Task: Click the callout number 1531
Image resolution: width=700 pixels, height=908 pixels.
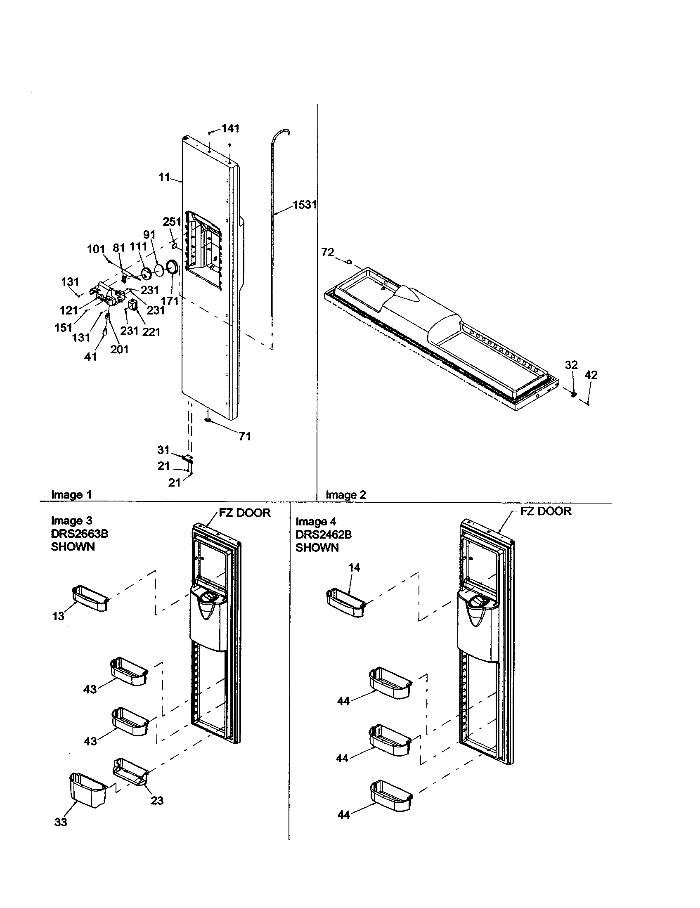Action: (x=305, y=205)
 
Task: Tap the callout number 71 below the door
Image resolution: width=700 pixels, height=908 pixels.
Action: (x=245, y=436)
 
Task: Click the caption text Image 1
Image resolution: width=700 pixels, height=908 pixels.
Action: (x=71, y=494)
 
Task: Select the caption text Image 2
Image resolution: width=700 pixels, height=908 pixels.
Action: (x=346, y=494)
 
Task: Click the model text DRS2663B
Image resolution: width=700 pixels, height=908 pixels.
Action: (x=79, y=533)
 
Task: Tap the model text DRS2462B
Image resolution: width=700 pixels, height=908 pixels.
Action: (x=324, y=534)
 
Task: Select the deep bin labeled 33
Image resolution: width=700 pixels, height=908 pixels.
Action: (x=88, y=790)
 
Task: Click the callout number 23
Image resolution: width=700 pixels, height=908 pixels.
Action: (x=157, y=800)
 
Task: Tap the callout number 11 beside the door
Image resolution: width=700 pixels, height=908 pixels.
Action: (x=164, y=177)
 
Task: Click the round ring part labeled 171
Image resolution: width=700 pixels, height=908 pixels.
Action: (x=172, y=267)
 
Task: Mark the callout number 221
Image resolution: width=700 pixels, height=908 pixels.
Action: (x=151, y=331)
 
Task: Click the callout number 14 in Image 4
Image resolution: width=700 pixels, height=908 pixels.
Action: (x=354, y=567)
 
